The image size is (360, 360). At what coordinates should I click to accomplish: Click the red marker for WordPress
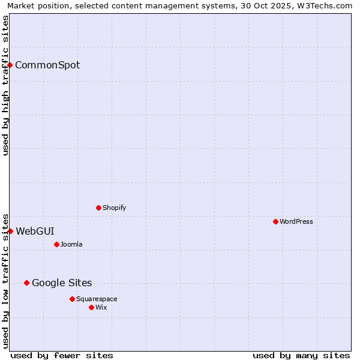(275, 221)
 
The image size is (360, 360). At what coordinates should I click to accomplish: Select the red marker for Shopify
(98, 208)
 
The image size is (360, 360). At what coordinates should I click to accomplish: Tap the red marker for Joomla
(56, 244)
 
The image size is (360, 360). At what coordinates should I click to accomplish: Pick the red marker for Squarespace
(72, 299)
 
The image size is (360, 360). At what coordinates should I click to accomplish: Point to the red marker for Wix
(91, 307)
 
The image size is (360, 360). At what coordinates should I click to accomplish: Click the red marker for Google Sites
(26, 283)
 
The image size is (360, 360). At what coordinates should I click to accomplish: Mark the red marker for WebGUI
(10, 231)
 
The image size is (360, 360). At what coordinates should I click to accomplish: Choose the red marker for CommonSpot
(10, 65)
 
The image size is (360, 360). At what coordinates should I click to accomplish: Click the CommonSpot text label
(47, 65)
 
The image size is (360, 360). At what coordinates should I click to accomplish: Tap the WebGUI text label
(35, 232)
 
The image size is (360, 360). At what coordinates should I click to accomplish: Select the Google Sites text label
(62, 283)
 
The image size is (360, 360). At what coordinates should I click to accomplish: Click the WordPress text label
(296, 221)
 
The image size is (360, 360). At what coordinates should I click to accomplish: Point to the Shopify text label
(114, 208)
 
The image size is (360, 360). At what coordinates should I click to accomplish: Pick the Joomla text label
(71, 244)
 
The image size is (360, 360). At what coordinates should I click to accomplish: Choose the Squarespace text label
(97, 299)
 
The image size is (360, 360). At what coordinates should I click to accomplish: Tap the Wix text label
(101, 307)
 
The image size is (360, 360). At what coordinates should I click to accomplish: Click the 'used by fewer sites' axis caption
(62, 355)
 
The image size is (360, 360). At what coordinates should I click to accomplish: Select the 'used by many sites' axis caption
(301, 355)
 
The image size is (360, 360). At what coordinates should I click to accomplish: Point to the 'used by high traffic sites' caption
(6, 85)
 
